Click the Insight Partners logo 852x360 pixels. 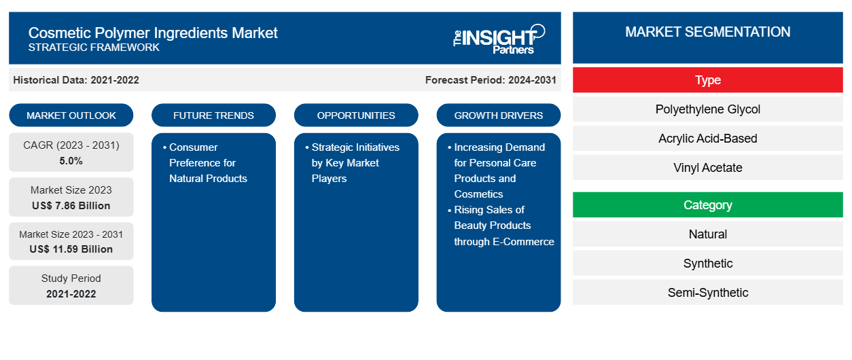(x=499, y=38)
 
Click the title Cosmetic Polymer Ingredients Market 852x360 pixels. (x=153, y=32)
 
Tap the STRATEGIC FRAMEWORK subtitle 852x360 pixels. (x=94, y=48)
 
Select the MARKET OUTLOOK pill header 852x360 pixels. (x=71, y=115)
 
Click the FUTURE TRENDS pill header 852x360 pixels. (x=213, y=115)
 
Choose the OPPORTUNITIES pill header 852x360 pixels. (x=356, y=115)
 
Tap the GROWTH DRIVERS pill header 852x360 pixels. (x=499, y=115)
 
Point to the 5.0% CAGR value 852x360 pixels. (x=71, y=161)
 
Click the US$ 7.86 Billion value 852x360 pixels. (x=71, y=206)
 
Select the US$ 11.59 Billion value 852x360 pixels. (x=71, y=249)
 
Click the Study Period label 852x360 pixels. (x=71, y=278)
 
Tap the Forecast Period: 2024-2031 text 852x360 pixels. (x=491, y=80)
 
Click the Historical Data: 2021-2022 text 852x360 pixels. (x=76, y=80)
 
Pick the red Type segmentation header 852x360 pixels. (x=707, y=80)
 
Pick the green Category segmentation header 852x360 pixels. (x=707, y=205)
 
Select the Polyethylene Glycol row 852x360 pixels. (x=707, y=109)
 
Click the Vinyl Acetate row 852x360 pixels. (x=707, y=168)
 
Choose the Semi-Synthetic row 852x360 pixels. (x=707, y=293)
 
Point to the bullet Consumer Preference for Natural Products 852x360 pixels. (x=208, y=163)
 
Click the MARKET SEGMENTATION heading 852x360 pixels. (x=707, y=32)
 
